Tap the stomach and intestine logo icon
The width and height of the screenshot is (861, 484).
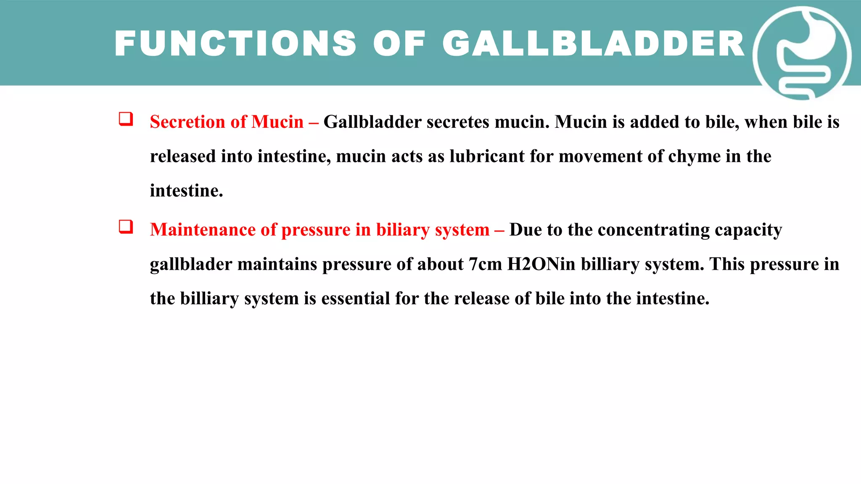[802, 54]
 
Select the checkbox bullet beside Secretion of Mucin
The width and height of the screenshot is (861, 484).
[126, 119]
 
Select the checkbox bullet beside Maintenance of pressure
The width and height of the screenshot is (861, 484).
[126, 227]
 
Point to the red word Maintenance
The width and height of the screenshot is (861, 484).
[203, 230]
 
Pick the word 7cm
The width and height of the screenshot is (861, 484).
[485, 264]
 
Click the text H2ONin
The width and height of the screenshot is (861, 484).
[541, 264]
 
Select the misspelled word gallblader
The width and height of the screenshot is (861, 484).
[191, 264]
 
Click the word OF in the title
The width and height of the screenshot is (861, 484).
[399, 44]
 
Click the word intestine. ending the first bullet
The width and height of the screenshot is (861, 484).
[186, 191]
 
